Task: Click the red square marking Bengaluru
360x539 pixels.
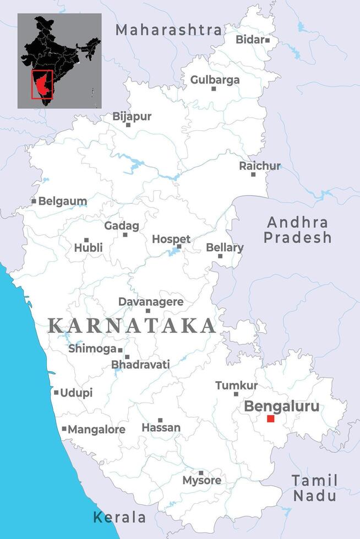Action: pos(270,419)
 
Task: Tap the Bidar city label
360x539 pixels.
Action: pos(250,40)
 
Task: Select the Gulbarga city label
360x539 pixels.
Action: pos(215,80)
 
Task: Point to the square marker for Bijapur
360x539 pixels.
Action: pos(128,125)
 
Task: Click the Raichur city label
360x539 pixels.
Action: pos(259,166)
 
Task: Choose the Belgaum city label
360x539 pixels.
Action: pos(62,201)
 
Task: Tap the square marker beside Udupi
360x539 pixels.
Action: pos(56,393)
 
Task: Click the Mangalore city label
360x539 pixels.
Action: pos(96,430)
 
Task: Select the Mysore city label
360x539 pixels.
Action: pos(201,480)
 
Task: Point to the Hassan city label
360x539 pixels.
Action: pos(161,427)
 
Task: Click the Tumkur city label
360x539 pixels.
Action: pos(236,386)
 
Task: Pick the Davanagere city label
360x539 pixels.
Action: pos(151,302)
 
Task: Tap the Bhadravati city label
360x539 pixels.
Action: pos(140,364)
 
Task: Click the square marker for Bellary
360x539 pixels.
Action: pos(220,256)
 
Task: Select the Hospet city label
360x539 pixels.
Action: pos(171,239)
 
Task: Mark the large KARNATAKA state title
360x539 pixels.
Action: pos(132,326)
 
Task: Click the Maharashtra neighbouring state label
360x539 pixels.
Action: pos(168,30)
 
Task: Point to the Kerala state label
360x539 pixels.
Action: pos(119,517)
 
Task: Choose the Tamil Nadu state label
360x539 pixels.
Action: pos(314,487)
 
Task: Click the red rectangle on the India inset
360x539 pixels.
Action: pos(42,84)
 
